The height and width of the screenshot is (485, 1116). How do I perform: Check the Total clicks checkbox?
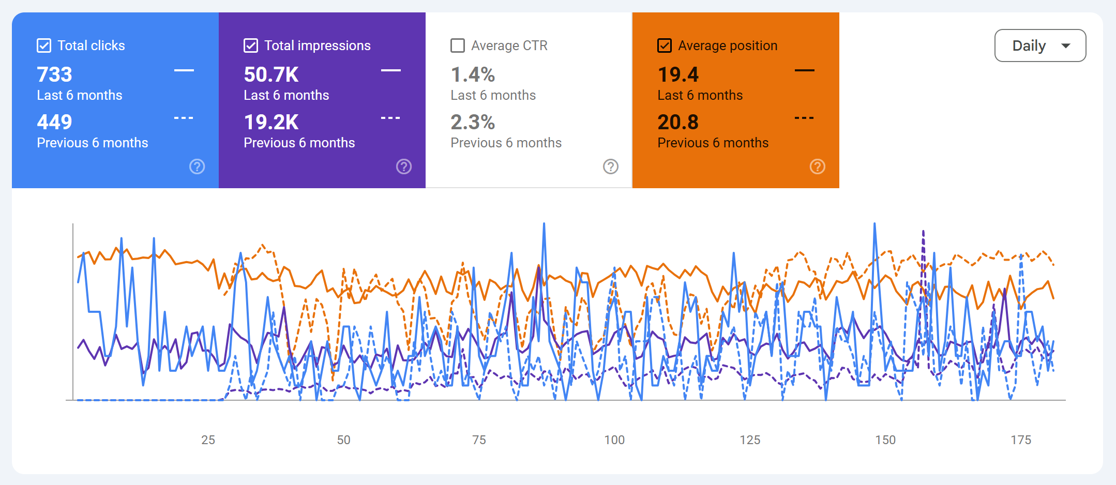click(x=44, y=46)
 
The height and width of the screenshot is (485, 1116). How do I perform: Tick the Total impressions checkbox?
click(x=251, y=46)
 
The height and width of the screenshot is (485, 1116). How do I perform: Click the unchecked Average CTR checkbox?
click(x=458, y=46)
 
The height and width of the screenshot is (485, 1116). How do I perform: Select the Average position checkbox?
click(x=665, y=46)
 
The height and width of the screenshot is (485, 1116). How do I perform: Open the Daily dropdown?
click(x=1040, y=46)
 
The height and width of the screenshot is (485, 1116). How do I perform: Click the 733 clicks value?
click(x=54, y=74)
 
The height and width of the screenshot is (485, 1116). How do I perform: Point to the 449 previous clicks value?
click(x=54, y=122)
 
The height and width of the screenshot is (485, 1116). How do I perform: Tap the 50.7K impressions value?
click(x=271, y=74)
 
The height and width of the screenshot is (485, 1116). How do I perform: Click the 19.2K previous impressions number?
click(x=271, y=122)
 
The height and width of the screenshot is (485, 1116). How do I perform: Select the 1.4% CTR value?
click(x=473, y=74)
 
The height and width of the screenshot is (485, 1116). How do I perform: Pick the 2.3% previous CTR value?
click(x=473, y=122)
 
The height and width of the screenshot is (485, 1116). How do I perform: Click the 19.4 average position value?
click(x=678, y=74)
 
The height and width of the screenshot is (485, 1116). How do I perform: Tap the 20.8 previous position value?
click(x=678, y=122)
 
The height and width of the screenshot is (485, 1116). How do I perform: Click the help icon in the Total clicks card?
click(x=197, y=166)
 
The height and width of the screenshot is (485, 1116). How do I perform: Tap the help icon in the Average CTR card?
click(x=611, y=166)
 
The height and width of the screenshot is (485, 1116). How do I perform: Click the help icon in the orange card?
click(x=818, y=166)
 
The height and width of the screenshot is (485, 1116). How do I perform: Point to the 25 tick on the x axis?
click(x=208, y=440)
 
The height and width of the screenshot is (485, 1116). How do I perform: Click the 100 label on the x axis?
click(x=614, y=440)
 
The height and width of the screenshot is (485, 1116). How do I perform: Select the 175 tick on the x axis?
click(x=1021, y=440)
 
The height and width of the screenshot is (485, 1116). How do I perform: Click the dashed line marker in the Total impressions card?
click(x=390, y=118)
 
